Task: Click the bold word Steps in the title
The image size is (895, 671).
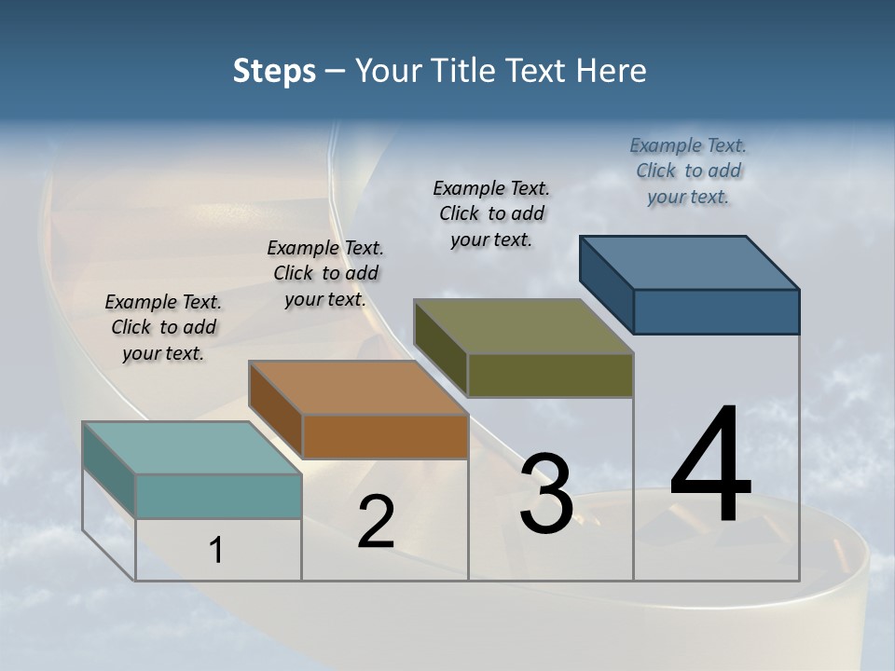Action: click(274, 71)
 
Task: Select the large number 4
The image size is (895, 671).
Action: click(710, 466)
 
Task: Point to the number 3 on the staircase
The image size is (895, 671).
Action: click(546, 495)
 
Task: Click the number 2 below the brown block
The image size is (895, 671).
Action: click(376, 523)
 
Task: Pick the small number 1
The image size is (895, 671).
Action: click(216, 551)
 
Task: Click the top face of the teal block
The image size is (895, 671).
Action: click(192, 448)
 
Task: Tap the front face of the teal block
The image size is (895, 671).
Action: click(218, 496)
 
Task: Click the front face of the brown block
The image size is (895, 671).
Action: click(385, 436)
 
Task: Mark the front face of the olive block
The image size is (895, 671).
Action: click(550, 375)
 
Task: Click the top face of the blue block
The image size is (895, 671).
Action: click(689, 263)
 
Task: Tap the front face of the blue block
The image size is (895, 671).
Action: click(716, 311)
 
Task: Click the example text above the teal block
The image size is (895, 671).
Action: click(163, 327)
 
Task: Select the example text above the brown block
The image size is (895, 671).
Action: click(325, 273)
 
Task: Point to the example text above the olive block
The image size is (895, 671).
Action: click(491, 213)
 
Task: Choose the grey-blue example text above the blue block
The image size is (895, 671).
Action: click(688, 171)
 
